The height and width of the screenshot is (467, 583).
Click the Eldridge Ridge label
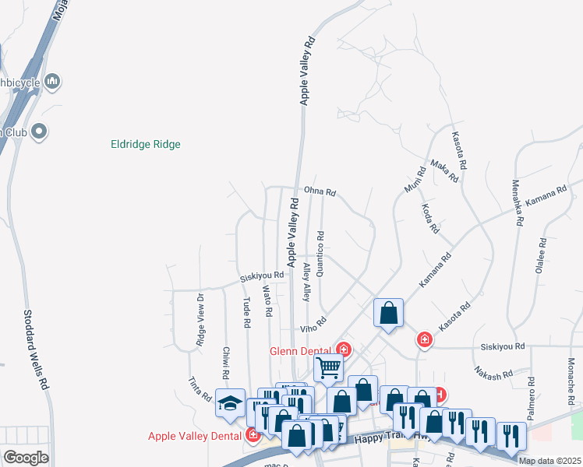[x=146, y=144]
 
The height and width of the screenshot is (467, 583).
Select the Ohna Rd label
[x=320, y=191]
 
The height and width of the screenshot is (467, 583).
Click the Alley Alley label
[x=306, y=282]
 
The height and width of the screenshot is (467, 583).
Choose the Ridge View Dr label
[x=200, y=320]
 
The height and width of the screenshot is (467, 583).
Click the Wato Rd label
[x=267, y=301]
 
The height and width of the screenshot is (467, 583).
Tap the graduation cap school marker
[x=229, y=402]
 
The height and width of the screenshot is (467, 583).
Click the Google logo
[x=26, y=457]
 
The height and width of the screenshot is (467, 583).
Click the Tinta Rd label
[x=200, y=388]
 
